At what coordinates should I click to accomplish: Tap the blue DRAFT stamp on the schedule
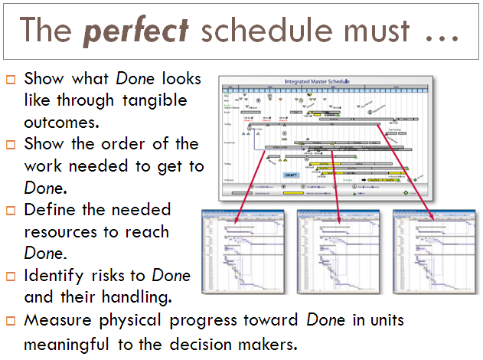(x=292, y=175)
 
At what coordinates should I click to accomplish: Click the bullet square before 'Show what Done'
(x=10, y=80)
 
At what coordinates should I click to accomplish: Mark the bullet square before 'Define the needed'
(x=10, y=211)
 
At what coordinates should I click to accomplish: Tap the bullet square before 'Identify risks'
(x=10, y=276)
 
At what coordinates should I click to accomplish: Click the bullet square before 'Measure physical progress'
(x=10, y=320)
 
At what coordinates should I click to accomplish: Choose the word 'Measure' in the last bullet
(x=55, y=319)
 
